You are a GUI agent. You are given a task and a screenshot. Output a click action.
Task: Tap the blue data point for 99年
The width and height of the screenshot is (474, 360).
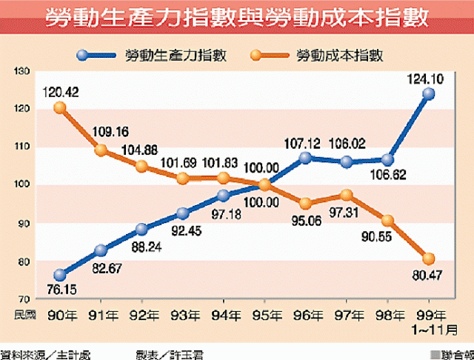pyautogui.click(x=429, y=93)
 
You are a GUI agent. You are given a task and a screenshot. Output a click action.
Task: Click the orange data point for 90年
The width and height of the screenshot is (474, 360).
pyautogui.click(x=60, y=107)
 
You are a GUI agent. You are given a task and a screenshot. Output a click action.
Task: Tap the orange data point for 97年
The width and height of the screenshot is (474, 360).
pyautogui.click(x=347, y=195)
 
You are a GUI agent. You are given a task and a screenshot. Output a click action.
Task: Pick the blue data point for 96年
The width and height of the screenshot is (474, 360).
pyautogui.click(x=306, y=158)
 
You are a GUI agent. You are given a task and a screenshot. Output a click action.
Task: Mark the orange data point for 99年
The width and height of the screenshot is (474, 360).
pyautogui.click(x=429, y=259)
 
